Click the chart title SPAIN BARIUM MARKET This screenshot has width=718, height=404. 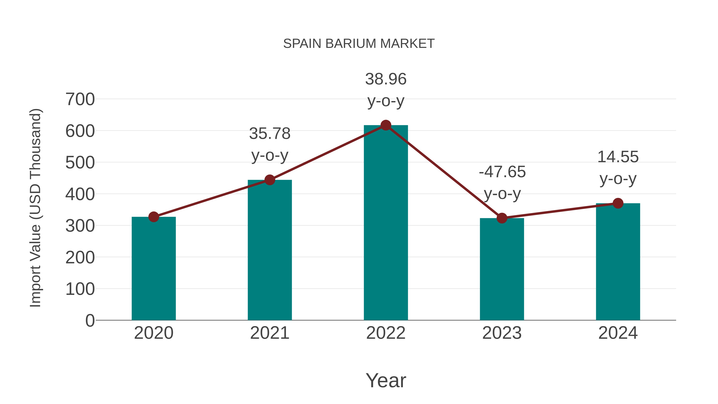359,44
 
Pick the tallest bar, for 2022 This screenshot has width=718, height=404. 386,223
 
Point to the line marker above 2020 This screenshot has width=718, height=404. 154,217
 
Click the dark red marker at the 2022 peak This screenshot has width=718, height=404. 386,125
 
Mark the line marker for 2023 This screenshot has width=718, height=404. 502,218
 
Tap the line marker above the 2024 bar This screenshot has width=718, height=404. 618,203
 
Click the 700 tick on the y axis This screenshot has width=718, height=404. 80,99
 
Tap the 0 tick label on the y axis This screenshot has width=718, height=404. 90,320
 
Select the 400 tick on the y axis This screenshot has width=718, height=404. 80,194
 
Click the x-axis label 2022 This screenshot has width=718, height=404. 386,333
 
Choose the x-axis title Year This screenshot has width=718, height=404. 386,380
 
